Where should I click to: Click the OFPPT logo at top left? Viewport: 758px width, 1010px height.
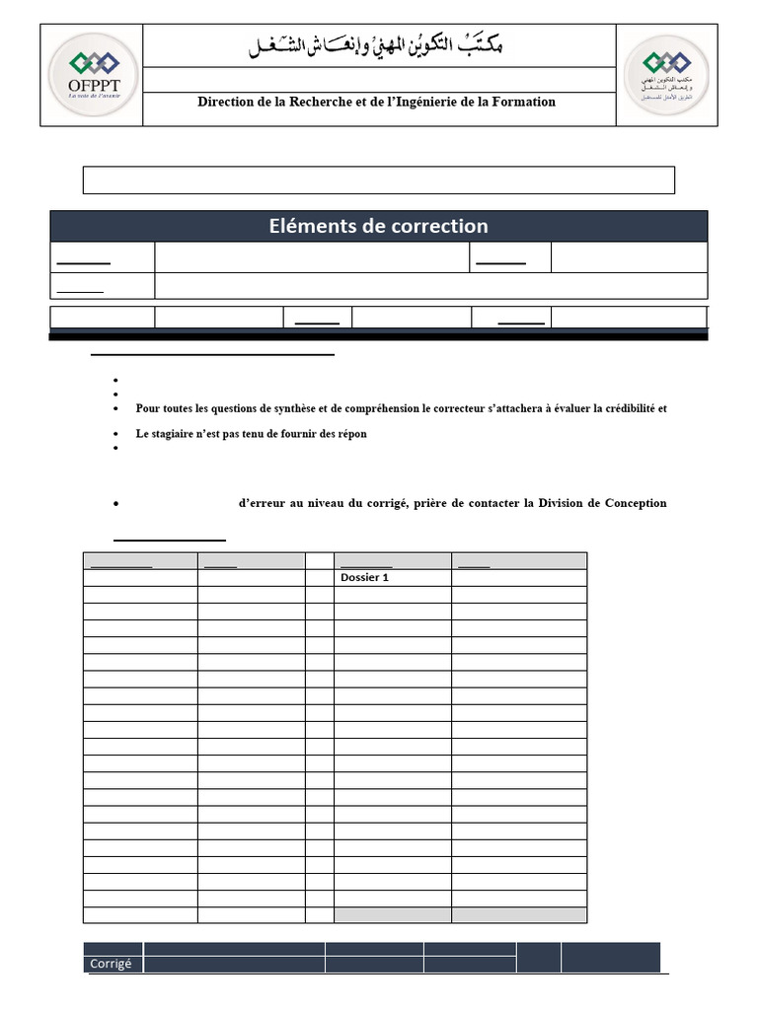[91, 74]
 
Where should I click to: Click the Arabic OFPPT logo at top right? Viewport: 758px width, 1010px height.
[667, 74]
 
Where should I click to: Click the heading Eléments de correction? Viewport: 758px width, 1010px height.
[378, 226]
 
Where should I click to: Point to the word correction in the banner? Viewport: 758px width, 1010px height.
[440, 226]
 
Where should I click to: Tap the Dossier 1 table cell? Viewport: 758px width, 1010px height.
[364, 578]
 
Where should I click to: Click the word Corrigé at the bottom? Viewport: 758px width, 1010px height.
[111, 964]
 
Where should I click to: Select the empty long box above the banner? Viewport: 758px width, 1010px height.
[378, 180]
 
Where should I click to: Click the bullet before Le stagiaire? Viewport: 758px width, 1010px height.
[115, 435]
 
